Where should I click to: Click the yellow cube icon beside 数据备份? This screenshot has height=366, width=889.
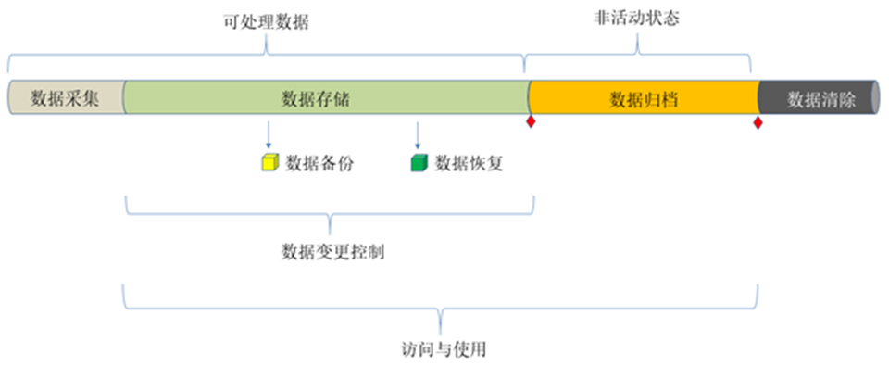coord(269,164)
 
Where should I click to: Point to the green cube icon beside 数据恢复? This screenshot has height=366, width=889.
coord(419,164)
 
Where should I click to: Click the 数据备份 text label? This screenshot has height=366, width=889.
coord(319,164)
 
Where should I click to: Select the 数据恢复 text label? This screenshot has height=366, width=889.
coord(470,164)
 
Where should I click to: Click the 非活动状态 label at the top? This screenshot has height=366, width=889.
coord(637,19)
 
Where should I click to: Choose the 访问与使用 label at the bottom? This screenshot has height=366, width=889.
coord(440,349)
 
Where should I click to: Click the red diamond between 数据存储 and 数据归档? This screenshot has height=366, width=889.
coord(531,122)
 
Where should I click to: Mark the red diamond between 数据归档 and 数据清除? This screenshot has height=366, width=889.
coord(758,123)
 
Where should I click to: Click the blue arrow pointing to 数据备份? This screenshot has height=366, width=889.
coord(269,133)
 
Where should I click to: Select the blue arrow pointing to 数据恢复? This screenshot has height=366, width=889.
coord(418,133)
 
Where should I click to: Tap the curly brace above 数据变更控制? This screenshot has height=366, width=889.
coord(331,219)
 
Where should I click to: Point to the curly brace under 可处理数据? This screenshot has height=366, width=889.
coord(267,56)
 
